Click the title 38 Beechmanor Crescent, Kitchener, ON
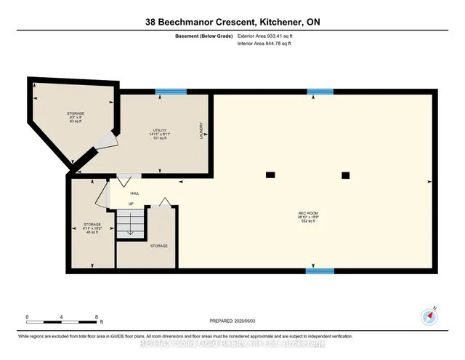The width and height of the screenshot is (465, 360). pos(232,22)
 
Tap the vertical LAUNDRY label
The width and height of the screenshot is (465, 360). pos(201,130)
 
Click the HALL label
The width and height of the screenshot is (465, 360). pos(134,193)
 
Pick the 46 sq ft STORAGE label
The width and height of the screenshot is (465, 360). pos(91,228)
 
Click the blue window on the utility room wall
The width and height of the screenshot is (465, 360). pos(171,91)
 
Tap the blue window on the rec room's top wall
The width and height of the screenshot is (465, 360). pos(320,91)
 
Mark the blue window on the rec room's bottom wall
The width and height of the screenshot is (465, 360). pos(320,271)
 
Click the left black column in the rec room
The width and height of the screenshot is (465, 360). pos(270,175)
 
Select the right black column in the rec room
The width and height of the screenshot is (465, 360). pos(346,175)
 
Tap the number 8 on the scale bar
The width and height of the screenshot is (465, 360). pos(97,316)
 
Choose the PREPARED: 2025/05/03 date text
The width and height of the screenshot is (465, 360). pos(232,320)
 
